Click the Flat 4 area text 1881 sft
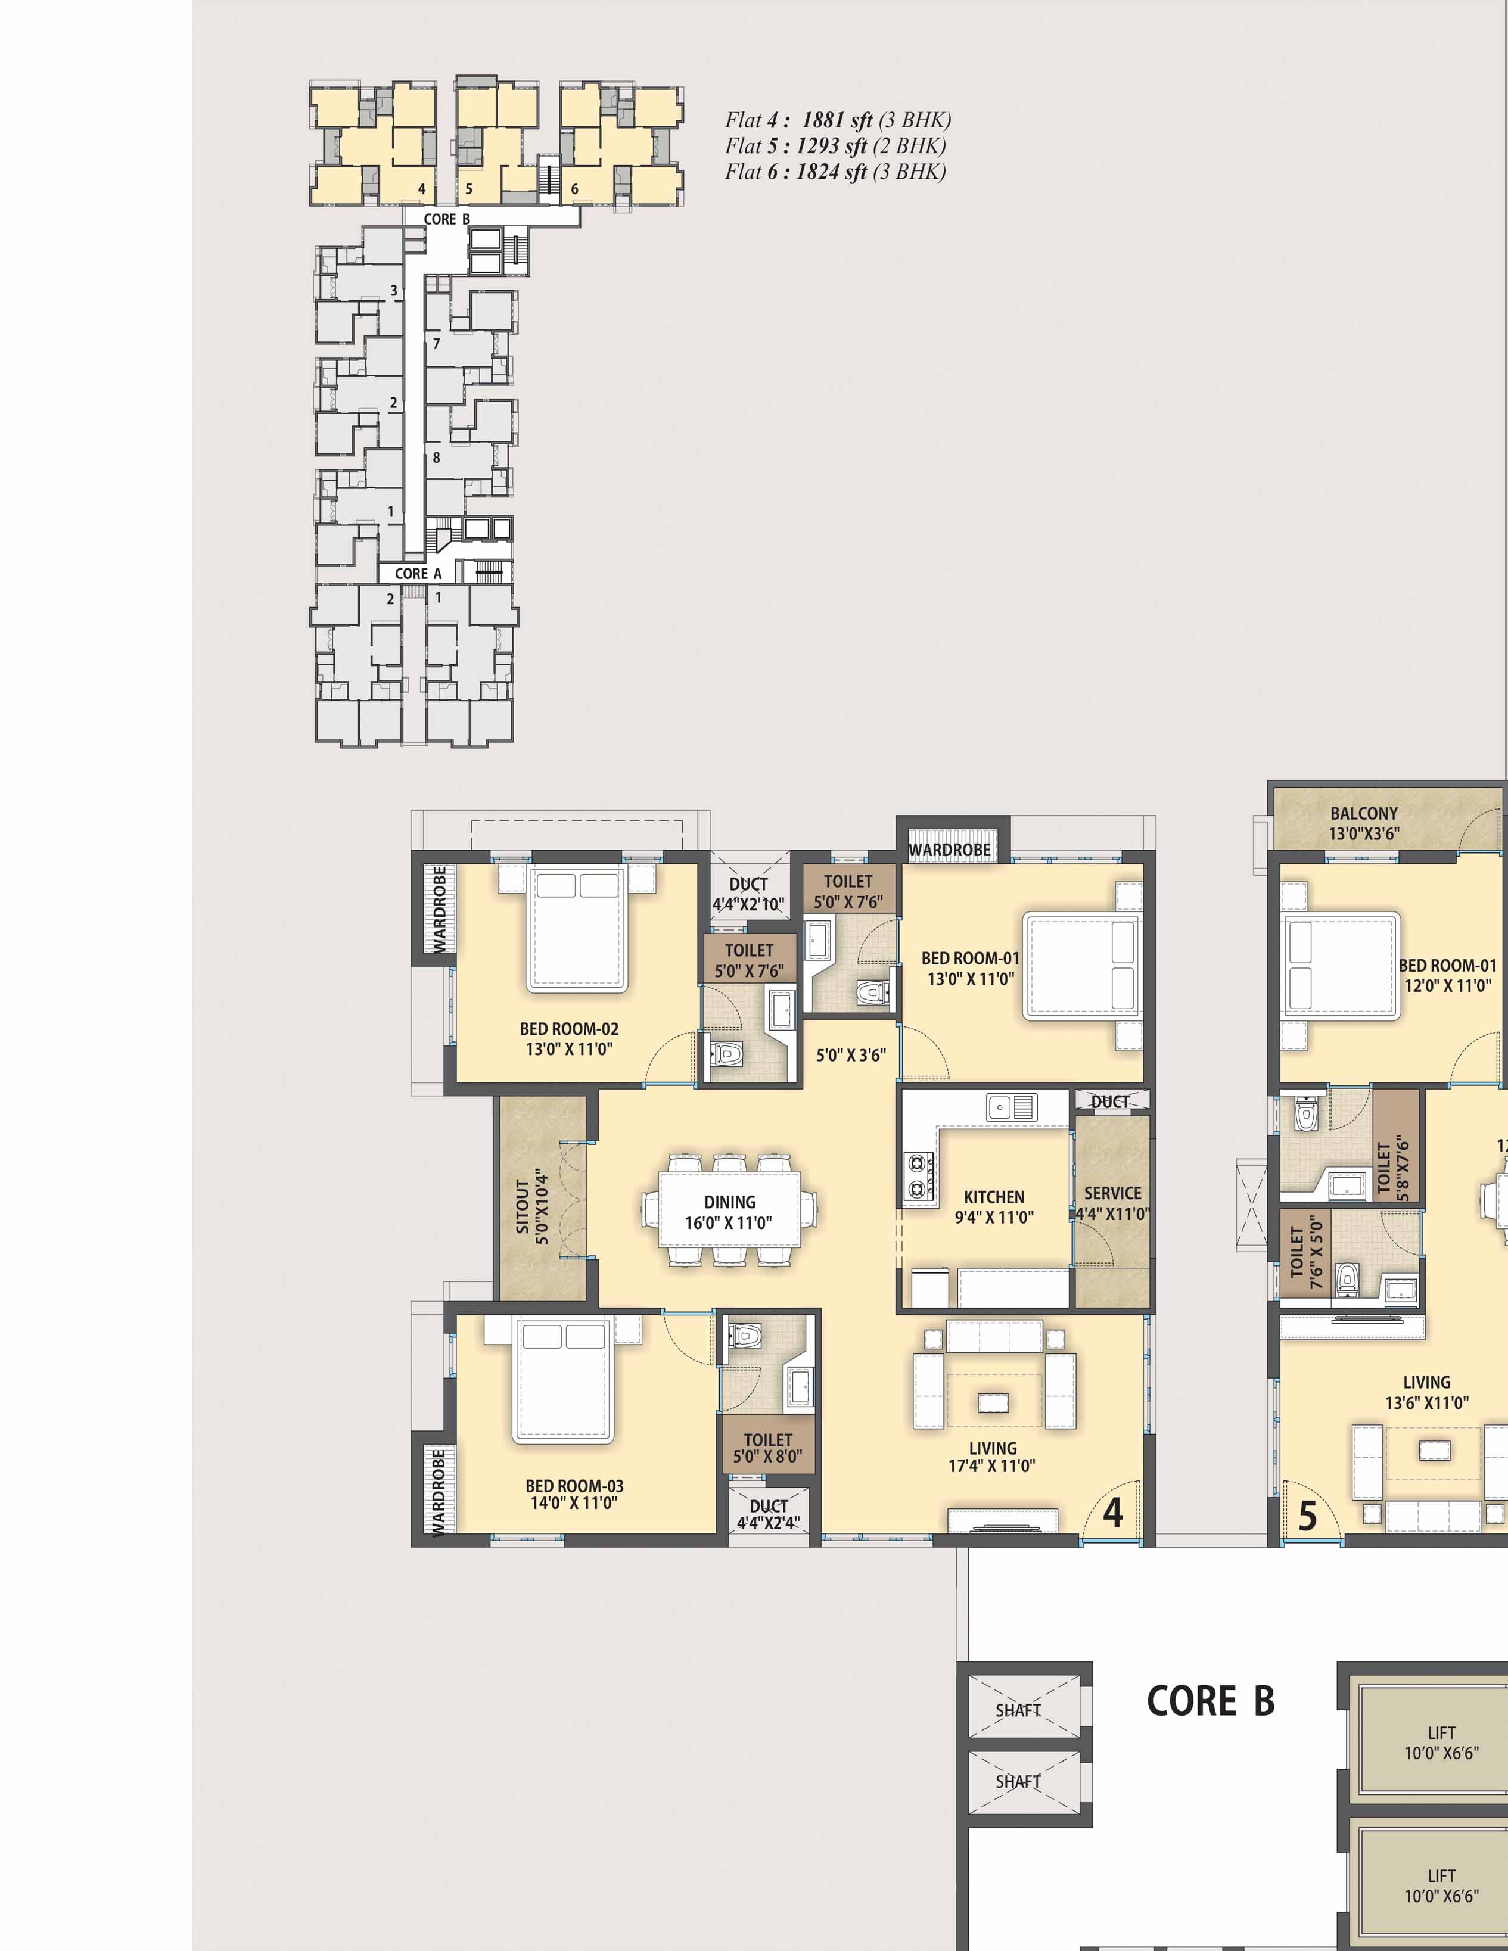coord(837,120)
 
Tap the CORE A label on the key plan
coord(418,574)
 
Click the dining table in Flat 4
coord(729,1211)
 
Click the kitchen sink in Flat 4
coord(1011,1107)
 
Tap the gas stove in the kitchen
coord(920,1175)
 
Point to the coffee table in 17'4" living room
coord(993,1402)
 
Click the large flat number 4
coord(1112,1513)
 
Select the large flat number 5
coord(1307,1516)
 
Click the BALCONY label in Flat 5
coord(1363,813)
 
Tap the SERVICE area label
coord(1112,1193)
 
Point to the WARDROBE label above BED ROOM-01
coord(950,850)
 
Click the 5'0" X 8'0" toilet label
coord(767,1456)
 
